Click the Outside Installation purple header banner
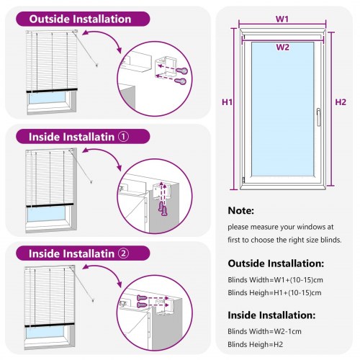pyautogui.click(x=79, y=19)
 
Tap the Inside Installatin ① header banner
pyautogui.click(x=80, y=136)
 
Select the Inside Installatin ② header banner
pyautogui.click(x=80, y=253)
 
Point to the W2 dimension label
pyautogui.click(x=282, y=47)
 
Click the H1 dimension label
pyautogui.click(x=227, y=103)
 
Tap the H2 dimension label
pyautogui.click(x=341, y=102)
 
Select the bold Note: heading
pyautogui.click(x=241, y=212)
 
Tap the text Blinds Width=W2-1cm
pyautogui.click(x=264, y=331)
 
